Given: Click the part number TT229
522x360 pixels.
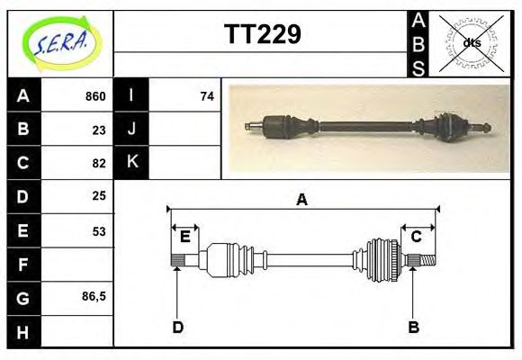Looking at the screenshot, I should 261,34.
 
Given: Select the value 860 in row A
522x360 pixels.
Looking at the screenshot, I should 94,96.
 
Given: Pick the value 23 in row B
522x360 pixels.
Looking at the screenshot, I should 98,130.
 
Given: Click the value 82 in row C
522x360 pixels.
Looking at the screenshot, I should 98,163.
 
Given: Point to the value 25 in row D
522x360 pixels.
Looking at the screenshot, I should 98,195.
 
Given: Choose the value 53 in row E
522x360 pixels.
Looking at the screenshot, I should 98,230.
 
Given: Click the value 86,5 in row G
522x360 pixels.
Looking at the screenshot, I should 94,296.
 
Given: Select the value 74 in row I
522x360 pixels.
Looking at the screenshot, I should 207,96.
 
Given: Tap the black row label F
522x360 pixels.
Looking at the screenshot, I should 23,265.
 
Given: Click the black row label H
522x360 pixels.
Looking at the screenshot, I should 23,331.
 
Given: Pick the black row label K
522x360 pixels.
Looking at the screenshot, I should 131,162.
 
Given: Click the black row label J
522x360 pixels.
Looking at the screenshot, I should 131,129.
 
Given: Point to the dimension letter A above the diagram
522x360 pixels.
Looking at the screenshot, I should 302,200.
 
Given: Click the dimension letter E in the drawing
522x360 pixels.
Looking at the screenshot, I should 184,237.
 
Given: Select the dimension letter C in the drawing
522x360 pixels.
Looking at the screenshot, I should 416,237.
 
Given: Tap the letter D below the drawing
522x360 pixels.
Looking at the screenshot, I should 177,327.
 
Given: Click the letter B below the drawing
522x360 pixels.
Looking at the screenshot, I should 413,327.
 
